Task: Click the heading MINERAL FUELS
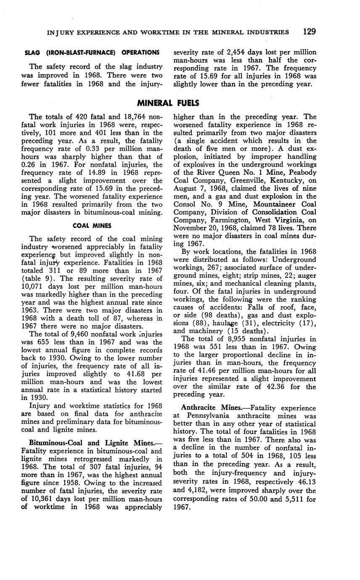pyautogui.click(x=168, y=103)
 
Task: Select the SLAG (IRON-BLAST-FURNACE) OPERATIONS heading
pyautogui.click(x=92, y=53)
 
